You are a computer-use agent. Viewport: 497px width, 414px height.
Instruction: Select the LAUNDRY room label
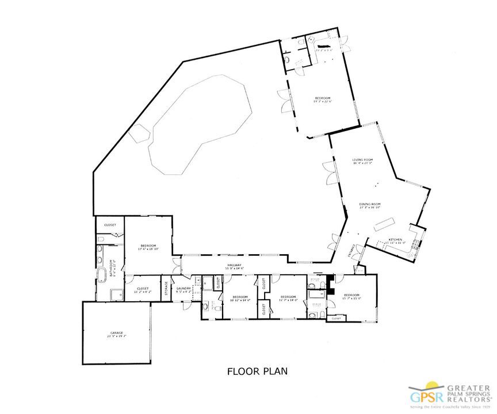point(183,290)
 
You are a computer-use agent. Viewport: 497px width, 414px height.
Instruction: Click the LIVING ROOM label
point(363,161)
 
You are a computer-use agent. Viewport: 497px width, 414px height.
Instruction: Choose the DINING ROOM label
point(370,206)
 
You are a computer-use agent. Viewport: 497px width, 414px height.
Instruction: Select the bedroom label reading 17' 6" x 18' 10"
point(148,248)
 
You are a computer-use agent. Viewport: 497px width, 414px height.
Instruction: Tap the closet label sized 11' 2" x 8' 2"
point(142,290)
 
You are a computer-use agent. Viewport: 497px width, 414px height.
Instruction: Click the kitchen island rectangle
point(383,224)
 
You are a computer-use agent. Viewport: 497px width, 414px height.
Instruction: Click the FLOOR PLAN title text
point(257,371)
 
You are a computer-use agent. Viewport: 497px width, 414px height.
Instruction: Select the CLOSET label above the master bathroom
point(110,225)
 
